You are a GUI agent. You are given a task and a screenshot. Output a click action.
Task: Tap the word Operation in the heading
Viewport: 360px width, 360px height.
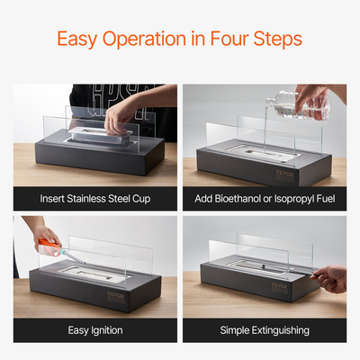[144, 40]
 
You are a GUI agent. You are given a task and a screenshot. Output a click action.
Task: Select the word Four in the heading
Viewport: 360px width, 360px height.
[229, 39]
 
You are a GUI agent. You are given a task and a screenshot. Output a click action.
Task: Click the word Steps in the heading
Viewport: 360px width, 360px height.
[277, 40]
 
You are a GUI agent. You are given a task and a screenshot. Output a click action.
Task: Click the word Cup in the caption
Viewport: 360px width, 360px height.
[141, 199]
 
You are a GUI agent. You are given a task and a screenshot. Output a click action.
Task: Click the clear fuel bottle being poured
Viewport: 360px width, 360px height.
[299, 105]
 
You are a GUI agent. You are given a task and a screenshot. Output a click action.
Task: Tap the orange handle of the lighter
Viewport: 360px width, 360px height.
[49, 246]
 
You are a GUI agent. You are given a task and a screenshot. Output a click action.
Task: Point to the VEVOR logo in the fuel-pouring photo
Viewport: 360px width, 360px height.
[285, 175]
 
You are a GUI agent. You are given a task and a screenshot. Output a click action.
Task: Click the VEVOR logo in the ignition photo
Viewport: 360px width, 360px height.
[116, 297]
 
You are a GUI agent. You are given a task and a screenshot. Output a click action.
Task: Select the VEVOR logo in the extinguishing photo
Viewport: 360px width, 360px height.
[280, 287]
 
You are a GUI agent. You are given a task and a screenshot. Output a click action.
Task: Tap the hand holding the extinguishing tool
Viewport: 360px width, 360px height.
[330, 278]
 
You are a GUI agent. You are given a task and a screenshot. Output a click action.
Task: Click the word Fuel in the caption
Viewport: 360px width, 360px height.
[326, 199]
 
